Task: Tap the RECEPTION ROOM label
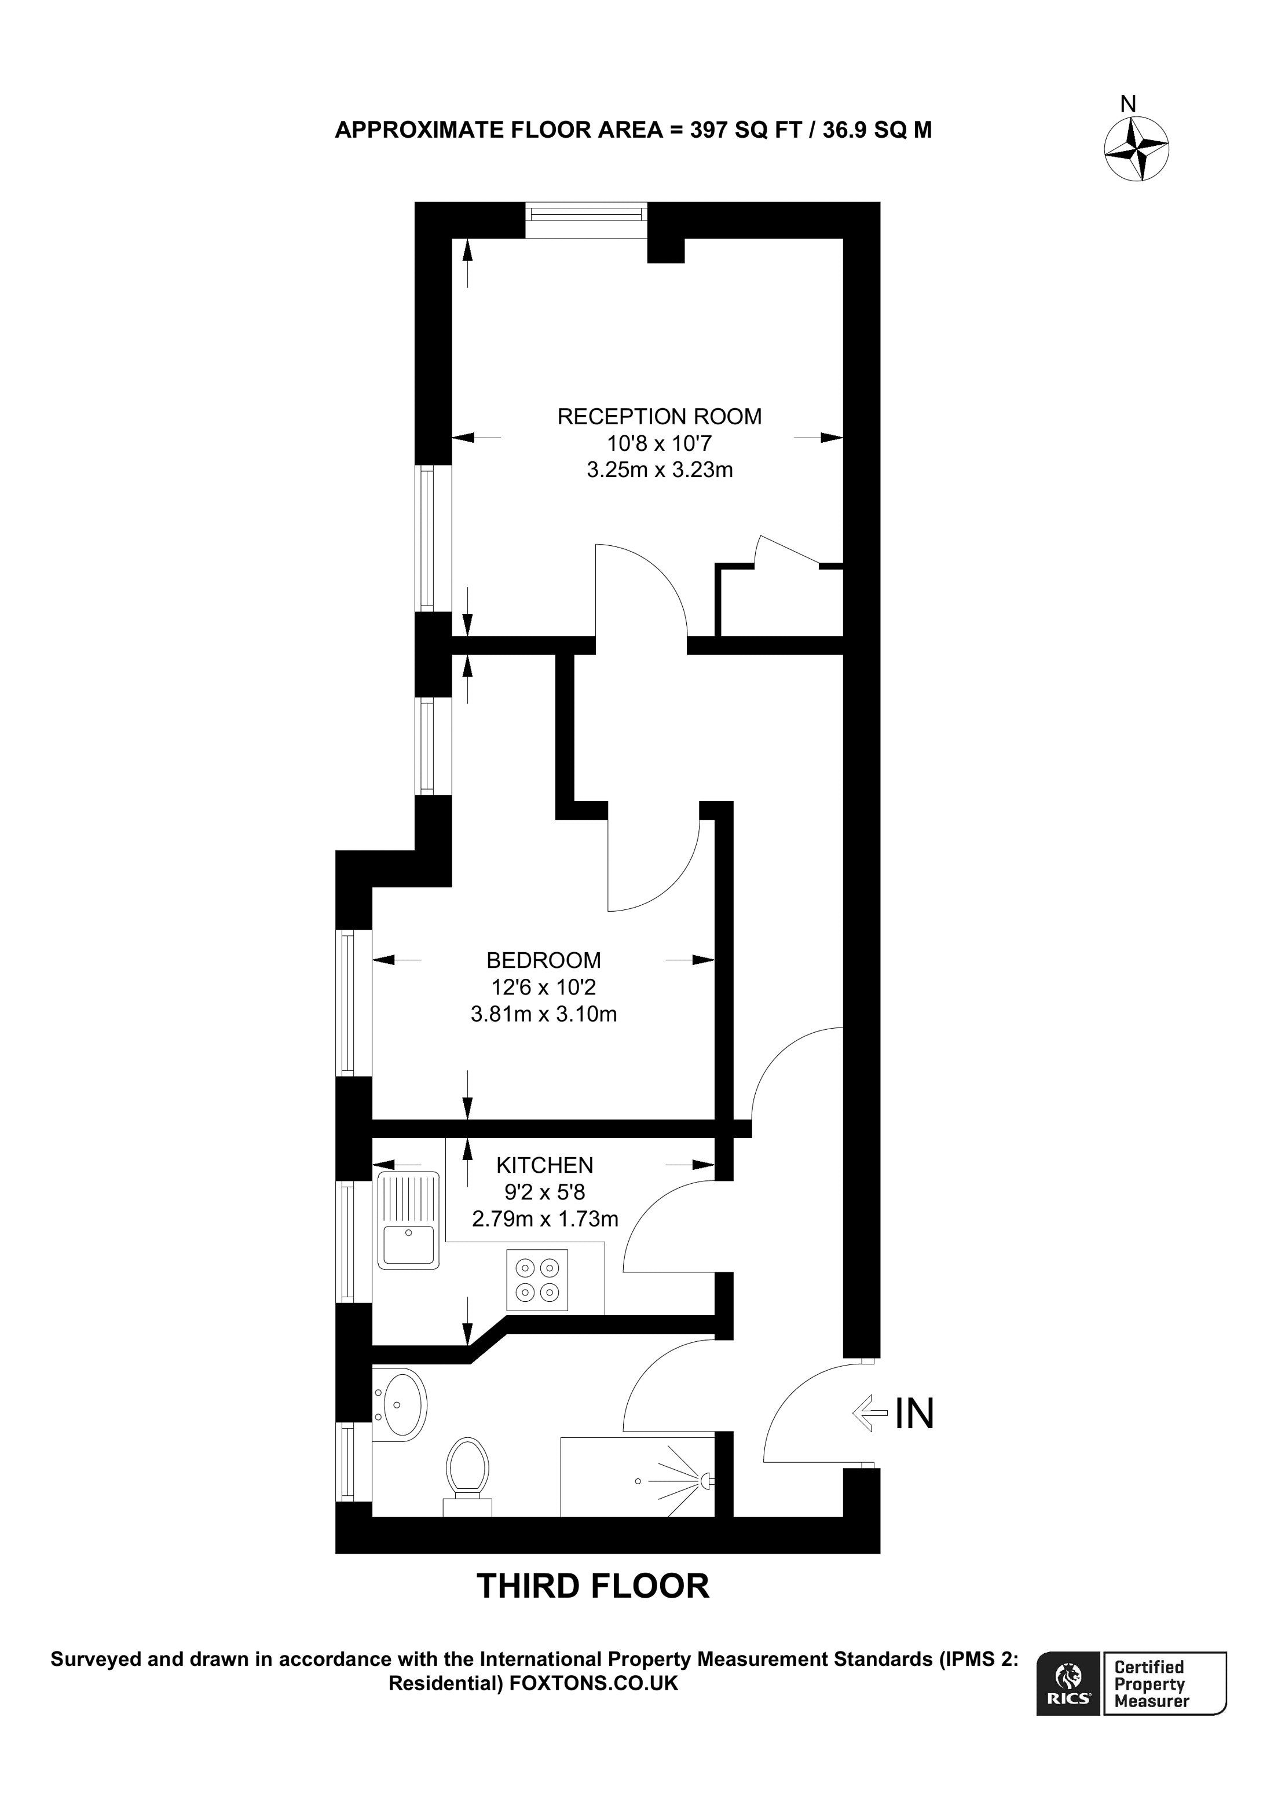[660, 417]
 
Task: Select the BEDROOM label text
[543, 961]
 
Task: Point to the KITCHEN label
[545, 1165]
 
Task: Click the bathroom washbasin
[400, 1405]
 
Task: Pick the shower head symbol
[706, 1481]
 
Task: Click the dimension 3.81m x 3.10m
[543, 1014]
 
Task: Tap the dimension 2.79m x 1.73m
[545, 1219]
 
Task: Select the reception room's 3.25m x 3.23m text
[660, 470]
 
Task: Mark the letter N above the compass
[1128, 104]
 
